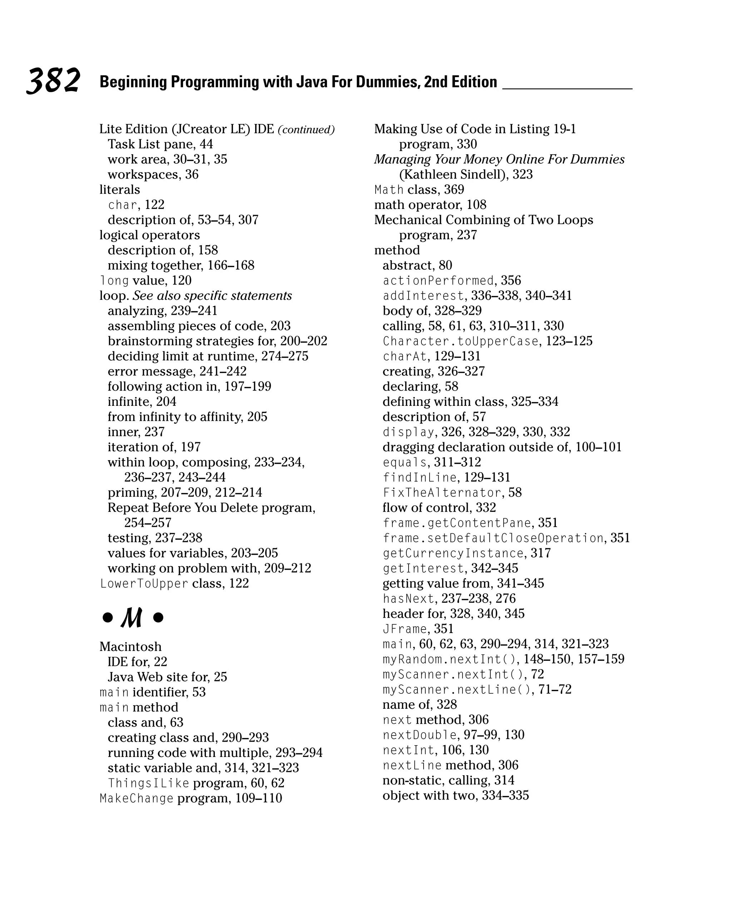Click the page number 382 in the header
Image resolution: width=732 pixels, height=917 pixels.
click(53, 80)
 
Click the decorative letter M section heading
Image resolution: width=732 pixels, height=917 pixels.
click(132, 618)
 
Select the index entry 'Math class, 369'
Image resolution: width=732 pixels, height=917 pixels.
click(419, 190)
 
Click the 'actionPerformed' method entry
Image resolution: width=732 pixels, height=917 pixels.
click(438, 281)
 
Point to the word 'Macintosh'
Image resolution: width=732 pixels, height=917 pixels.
click(130, 647)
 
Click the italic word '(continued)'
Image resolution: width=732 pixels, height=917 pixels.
click(306, 130)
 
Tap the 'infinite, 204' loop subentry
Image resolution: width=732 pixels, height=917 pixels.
click(142, 402)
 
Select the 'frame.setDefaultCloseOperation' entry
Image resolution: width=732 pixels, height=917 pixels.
click(493, 538)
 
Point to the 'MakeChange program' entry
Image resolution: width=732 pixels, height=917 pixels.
click(190, 798)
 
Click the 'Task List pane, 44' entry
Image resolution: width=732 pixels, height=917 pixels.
click(160, 144)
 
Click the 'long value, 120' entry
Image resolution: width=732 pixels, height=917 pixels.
click(145, 281)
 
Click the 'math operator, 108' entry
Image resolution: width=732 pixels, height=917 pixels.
click(430, 205)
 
